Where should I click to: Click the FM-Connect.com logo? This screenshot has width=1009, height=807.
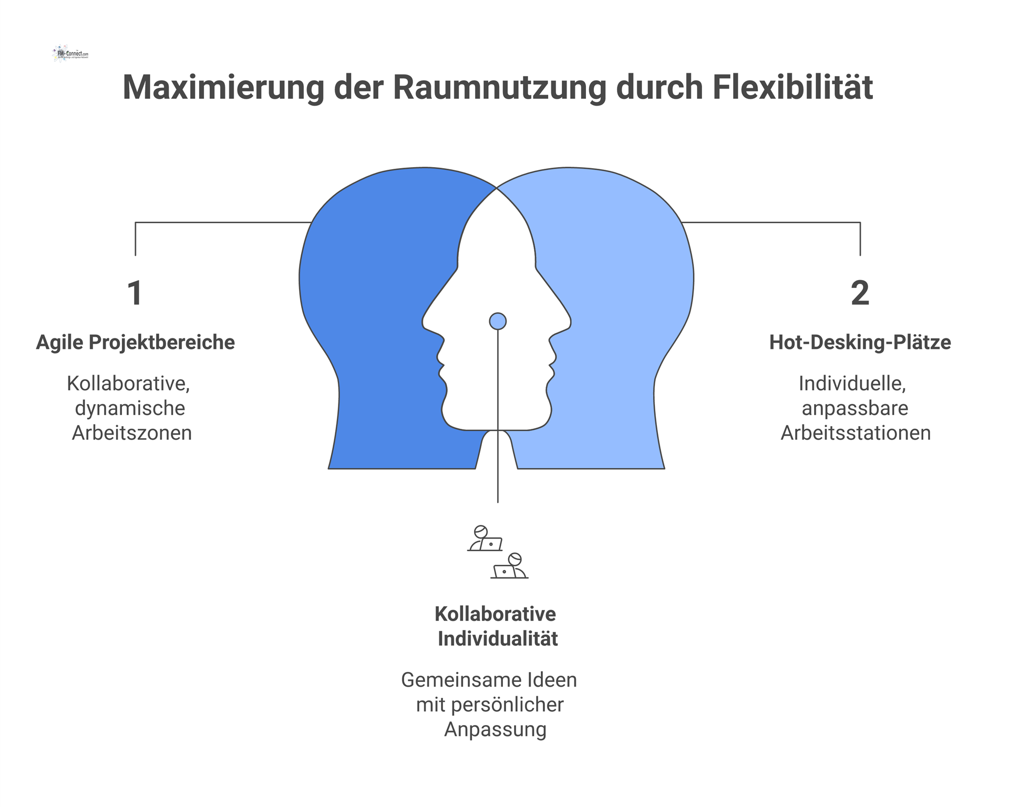point(70,54)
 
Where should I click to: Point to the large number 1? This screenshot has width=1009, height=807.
point(135,293)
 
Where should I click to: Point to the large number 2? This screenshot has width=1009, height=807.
point(860,293)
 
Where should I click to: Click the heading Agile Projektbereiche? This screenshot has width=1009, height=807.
point(135,343)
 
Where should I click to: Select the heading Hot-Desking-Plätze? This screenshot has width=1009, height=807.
point(860,343)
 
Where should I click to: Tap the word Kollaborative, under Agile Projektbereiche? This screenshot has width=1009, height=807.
point(128,384)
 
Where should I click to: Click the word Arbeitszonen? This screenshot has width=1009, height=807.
point(132,433)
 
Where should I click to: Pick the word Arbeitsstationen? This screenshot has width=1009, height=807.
point(856,433)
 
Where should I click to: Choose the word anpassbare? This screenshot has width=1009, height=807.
point(855,408)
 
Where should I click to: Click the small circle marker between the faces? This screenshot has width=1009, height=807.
point(498,321)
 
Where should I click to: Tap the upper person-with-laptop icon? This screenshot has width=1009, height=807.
point(485,539)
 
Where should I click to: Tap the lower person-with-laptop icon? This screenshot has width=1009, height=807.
point(509,566)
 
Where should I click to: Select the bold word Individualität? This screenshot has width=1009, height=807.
point(498,639)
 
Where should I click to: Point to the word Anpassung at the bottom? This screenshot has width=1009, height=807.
point(496,730)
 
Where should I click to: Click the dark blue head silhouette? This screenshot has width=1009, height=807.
point(378,315)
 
